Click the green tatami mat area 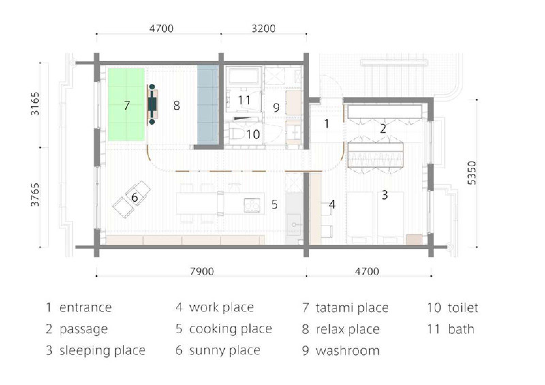tap(126, 104)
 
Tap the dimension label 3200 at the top tap(264, 29)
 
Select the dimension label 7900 tap(202, 272)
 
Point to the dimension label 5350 tap(472, 173)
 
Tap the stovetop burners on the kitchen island tap(252, 205)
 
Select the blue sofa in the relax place tap(207, 105)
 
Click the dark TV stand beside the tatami tap(152, 104)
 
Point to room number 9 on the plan tap(276, 108)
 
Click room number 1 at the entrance tap(327, 124)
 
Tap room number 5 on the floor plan tap(275, 204)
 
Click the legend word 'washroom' tap(348, 351)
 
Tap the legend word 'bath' tap(461, 329)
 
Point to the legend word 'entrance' tap(85, 308)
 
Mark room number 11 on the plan tap(244, 100)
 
